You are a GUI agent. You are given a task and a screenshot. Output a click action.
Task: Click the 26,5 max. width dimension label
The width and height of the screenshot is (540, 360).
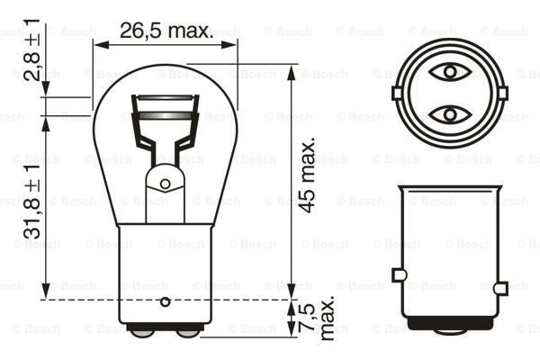click(x=166, y=32)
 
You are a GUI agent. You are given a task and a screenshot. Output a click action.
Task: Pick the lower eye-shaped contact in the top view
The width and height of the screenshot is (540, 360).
click(x=448, y=114)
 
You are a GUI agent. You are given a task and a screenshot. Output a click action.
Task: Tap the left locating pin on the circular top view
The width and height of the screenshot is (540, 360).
click(x=397, y=92)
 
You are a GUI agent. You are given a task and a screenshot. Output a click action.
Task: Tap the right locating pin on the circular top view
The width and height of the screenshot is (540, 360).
click(x=501, y=92)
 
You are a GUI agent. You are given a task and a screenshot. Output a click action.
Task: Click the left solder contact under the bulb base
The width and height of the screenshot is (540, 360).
click(x=142, y=331)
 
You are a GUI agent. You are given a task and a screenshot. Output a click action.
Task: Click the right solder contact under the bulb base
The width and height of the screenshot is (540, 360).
click(x=187, y=331)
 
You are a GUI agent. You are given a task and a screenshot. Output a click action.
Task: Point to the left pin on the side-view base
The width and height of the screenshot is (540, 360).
click(x=397, y=274)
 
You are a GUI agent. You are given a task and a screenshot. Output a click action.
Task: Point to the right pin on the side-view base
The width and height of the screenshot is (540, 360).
click(x=500, y=274)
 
